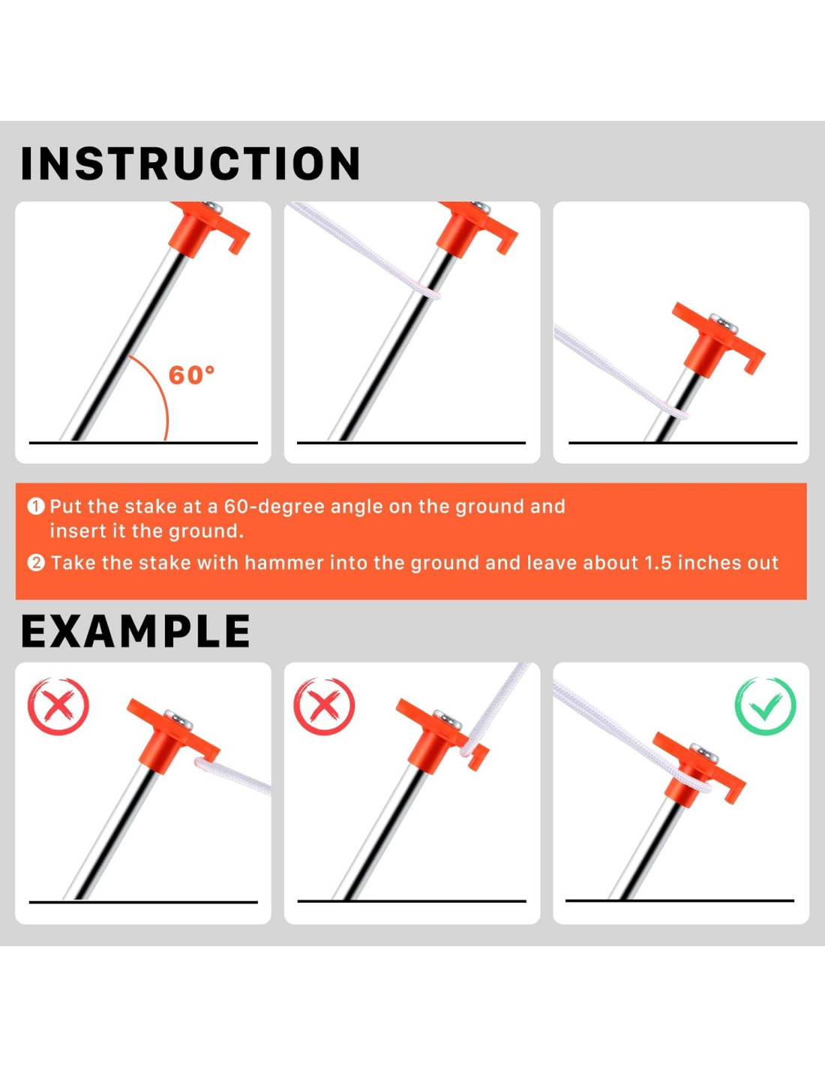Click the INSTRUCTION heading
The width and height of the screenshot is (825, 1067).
(190, 164)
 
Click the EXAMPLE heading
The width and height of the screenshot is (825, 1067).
(136, 632)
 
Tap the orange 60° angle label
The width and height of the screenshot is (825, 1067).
(191, 375)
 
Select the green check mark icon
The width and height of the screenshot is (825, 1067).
(765, 706)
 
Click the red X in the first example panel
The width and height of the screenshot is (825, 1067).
(58, 706)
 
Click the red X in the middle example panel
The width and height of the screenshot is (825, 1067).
(324, 706)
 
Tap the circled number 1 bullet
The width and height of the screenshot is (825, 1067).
(36, 506)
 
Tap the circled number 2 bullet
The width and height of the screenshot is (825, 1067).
(36, 563)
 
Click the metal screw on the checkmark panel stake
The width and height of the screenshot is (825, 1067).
(705, 753)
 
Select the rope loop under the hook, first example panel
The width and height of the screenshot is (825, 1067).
(205, 764)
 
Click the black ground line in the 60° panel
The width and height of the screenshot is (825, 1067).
(143, 443)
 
